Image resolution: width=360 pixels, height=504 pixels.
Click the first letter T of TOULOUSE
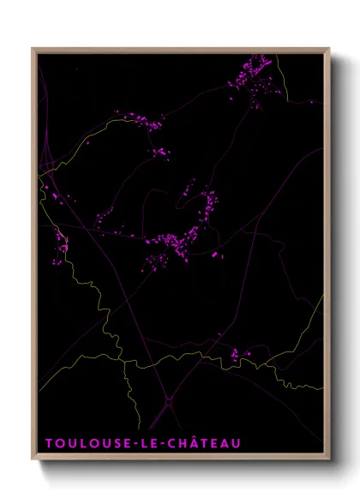(x=48, y=443)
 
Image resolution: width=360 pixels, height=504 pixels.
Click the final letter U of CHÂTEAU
(x=237, y=443)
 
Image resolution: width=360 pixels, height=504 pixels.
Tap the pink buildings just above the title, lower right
(x=238, y=352)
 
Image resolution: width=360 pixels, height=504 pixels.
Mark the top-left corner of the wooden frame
(x=33, y=48)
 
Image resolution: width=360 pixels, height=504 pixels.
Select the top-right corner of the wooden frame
(x=328, y=48)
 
